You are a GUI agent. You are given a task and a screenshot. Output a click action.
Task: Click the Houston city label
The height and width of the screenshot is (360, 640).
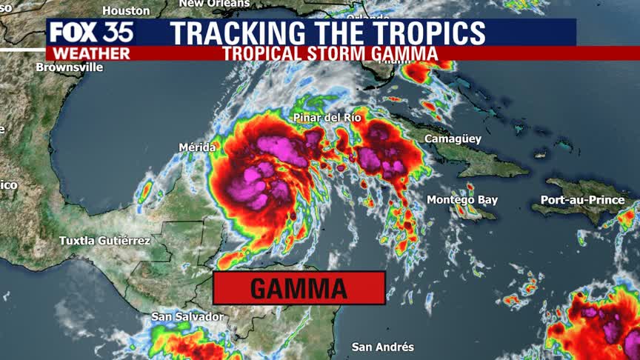(x=126, y=10)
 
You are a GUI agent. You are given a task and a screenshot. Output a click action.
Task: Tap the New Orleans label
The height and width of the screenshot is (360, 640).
(x=211, y=4)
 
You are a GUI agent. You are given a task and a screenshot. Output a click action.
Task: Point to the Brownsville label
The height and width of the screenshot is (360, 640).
(x=70, y=67)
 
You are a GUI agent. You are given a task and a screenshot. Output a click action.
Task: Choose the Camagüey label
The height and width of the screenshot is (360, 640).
(x=453, y=139)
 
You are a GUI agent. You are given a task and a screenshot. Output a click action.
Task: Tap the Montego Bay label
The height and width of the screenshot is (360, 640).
(x=462, y=200)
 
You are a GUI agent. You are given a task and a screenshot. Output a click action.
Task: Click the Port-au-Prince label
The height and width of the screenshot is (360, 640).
(x=582, y=200)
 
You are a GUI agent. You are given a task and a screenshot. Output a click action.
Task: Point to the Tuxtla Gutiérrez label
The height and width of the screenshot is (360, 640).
(x=105, y=241)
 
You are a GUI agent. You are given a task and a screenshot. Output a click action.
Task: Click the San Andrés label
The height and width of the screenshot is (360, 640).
(x=382, y=347)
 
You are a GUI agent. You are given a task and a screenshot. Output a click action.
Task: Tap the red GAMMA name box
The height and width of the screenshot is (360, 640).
(x=299, y=288)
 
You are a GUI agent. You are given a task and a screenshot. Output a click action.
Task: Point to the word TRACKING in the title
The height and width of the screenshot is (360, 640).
(x=237, y=33)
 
